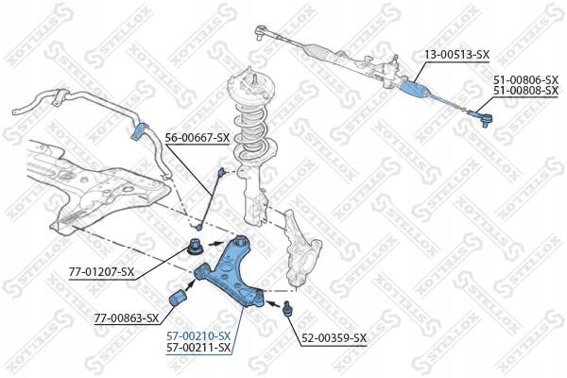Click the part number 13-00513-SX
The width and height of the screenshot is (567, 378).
[x=456, y=55]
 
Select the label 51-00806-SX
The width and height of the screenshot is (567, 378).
[x=526, y=80]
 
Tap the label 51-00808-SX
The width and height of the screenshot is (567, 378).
[x=526, y=91]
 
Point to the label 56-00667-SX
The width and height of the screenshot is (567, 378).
[x=198, y=138]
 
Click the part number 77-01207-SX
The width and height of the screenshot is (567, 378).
[x=101, y=271]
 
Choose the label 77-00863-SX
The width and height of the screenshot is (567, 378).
[x=127, y=318]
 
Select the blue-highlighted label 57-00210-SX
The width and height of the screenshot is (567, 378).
[x=198, y=336]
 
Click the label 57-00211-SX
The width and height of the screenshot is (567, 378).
[x=198, y=348]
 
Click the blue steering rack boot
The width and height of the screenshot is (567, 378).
[x=415, y=90]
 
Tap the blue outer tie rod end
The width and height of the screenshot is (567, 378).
[x=480, y=117]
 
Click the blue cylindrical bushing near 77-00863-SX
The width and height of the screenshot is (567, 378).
[x=178, y=298]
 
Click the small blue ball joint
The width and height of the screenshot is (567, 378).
[x=288, y=309]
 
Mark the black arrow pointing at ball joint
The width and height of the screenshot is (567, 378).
[x=273, y=304]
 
